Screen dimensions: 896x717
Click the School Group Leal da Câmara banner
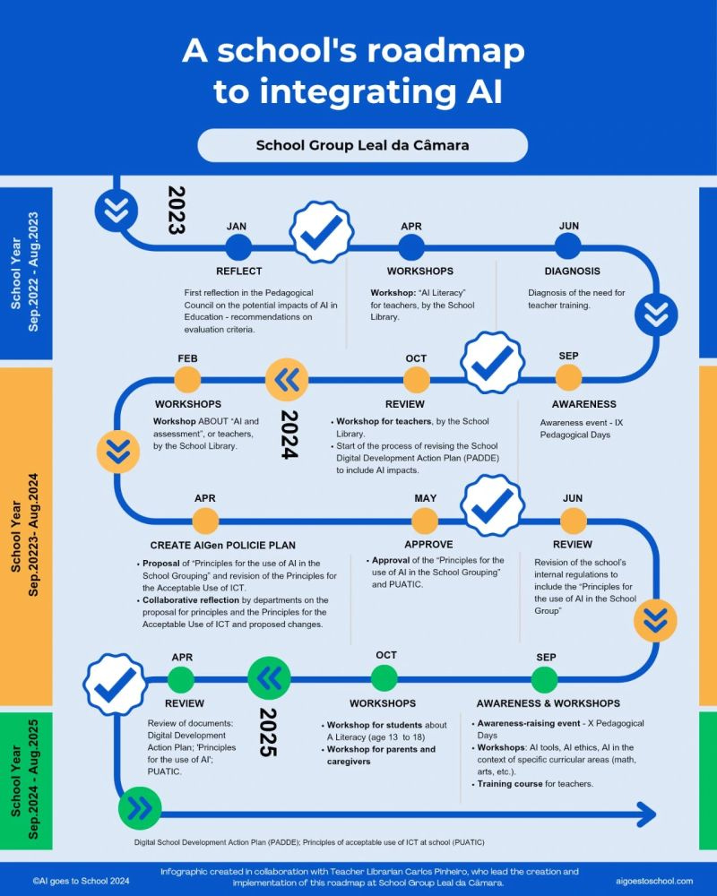362,144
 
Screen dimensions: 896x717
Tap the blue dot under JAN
238,247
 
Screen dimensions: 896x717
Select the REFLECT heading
239,271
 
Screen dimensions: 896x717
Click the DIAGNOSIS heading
572,271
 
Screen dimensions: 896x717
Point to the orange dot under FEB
187,380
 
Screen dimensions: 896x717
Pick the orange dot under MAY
425,521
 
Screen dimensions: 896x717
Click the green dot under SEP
546,679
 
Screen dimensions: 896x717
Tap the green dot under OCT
384,678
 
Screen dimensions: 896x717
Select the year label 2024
289,435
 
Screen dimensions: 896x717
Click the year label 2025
267,732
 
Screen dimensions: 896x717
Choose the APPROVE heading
428,544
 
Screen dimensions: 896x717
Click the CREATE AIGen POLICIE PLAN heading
224,545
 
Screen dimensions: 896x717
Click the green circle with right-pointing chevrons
140,809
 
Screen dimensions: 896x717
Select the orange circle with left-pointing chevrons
288,380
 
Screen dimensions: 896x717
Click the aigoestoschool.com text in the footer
654,881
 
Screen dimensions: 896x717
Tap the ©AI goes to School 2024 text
81,881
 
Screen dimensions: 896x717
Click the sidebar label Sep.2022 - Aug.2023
33,271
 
